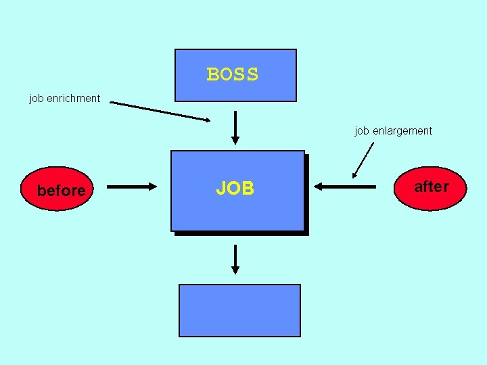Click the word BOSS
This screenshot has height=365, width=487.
(x=233, y=74)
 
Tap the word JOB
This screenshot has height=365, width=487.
(x=235, y=189)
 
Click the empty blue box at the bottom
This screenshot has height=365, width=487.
(x=239, y=310)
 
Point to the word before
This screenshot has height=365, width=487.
(x=62, y=191)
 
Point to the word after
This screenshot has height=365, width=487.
(x=431, y=187)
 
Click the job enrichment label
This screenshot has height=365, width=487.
(x=65, y=99)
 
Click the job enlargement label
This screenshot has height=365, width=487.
(x=393, y=131)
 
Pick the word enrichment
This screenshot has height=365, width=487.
(x=74, y=99)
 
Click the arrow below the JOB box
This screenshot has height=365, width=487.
(x=235, y=259)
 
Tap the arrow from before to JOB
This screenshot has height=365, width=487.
(x=131, y=187)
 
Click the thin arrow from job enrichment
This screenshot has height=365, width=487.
(x=161, y=112)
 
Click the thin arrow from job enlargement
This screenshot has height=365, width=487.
(x=363, y=160)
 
